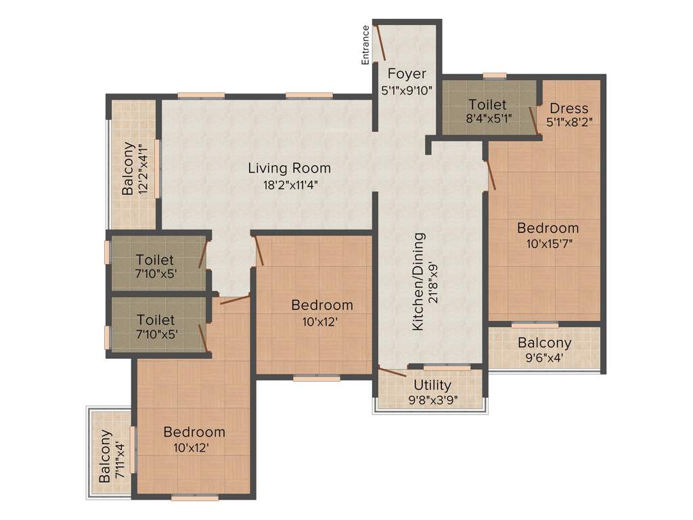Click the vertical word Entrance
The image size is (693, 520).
pyautogui.click(x=366, y=45)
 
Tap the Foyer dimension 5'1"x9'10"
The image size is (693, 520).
pyautogui.click(x=407, y=89)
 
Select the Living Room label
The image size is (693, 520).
pyautogui.click(x=289, y=168)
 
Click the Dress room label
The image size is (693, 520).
pyautogui.click(x=568, y=108)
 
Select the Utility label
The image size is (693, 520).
pyautogui.click(x=433, y=385)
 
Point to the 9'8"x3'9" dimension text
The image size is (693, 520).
pyautogui.click(x=433, y=399)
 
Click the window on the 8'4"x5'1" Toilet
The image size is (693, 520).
pyautogui.click(x=494, y=76)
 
